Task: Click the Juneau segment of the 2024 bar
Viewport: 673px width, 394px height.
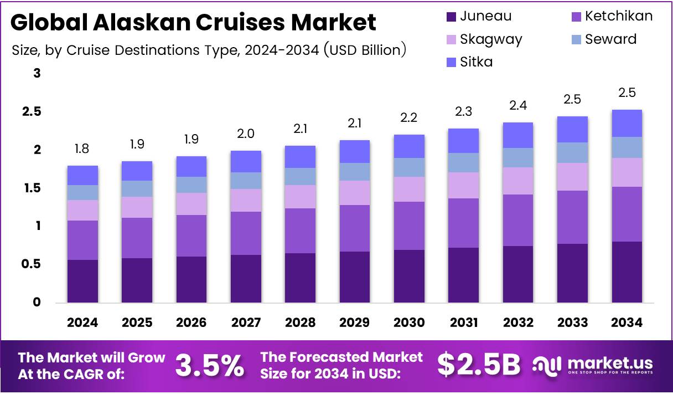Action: tap(82, 281)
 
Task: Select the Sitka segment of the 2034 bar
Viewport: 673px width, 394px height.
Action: tap(627, 123)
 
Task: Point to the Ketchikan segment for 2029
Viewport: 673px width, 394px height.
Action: tap(355, 228)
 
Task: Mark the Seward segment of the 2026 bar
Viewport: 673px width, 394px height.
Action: tap(191, 185)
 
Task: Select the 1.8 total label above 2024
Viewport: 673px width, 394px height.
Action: tap(82, 149)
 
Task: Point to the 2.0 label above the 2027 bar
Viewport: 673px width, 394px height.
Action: tap(246, 134)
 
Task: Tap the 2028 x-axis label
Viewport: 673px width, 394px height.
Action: tap(300, 323)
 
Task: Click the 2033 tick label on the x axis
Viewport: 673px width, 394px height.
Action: tap(572, 323)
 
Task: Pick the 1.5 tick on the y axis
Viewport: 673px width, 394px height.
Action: tap(32, 188)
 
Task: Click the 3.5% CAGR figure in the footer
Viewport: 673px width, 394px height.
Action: tap(210, 365)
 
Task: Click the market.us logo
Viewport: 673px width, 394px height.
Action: tap(593, 365)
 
